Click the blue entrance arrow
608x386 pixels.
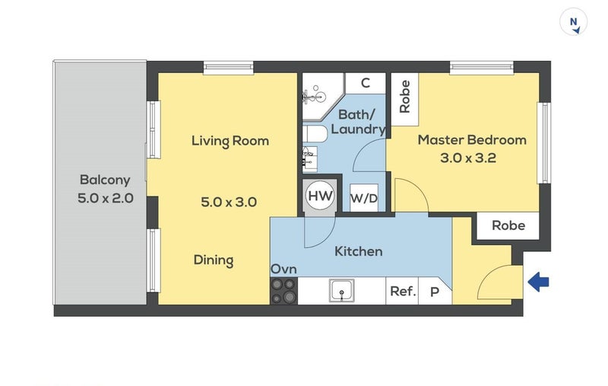pyautogui.click(x=538, y=282)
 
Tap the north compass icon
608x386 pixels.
pyautogui.click(x=574, y=22)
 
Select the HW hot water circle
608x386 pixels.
pyautogui.click(x=320, y=196)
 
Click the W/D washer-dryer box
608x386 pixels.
pyautogui.click(x=364, y=198)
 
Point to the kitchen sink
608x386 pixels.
pyautogui.click(x=341, y=291)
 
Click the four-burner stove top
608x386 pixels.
pyautogui.click(x=283, y=291)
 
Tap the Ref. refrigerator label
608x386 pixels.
pyautogui.click(x=404, y=291)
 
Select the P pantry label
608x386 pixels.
pyautogui.click(x=435, y=292)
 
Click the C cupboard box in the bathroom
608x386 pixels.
pyautogui.click(x=366, y=83)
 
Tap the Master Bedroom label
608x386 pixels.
pyautogui.click(x=472, y=140)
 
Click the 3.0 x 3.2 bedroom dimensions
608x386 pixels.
pyautogui.click(x=468, y=158)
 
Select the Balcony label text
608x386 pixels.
pyautogui.click(x=105, y=180)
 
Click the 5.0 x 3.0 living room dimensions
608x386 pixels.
pyautogui.click(x=229, y=202)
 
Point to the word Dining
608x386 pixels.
pyautogui.click(x=214, y=260)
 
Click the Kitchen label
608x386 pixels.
pyautogui.click(x=358, y=251)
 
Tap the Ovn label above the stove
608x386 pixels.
pyautogui.click(x=283, y=269)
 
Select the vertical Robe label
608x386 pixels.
pyautogui.click(x=404, y=97)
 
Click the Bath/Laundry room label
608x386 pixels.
pyautogui.click(x=358, y=122)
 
